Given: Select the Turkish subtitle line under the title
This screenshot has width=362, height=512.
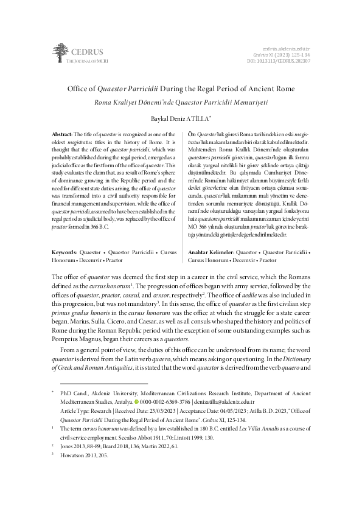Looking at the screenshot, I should [181, 101].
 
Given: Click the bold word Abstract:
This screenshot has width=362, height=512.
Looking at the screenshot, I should [62, 134].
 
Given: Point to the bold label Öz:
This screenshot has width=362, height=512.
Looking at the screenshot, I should [193, 134].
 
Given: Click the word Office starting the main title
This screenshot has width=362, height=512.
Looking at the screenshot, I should [78, 89].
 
